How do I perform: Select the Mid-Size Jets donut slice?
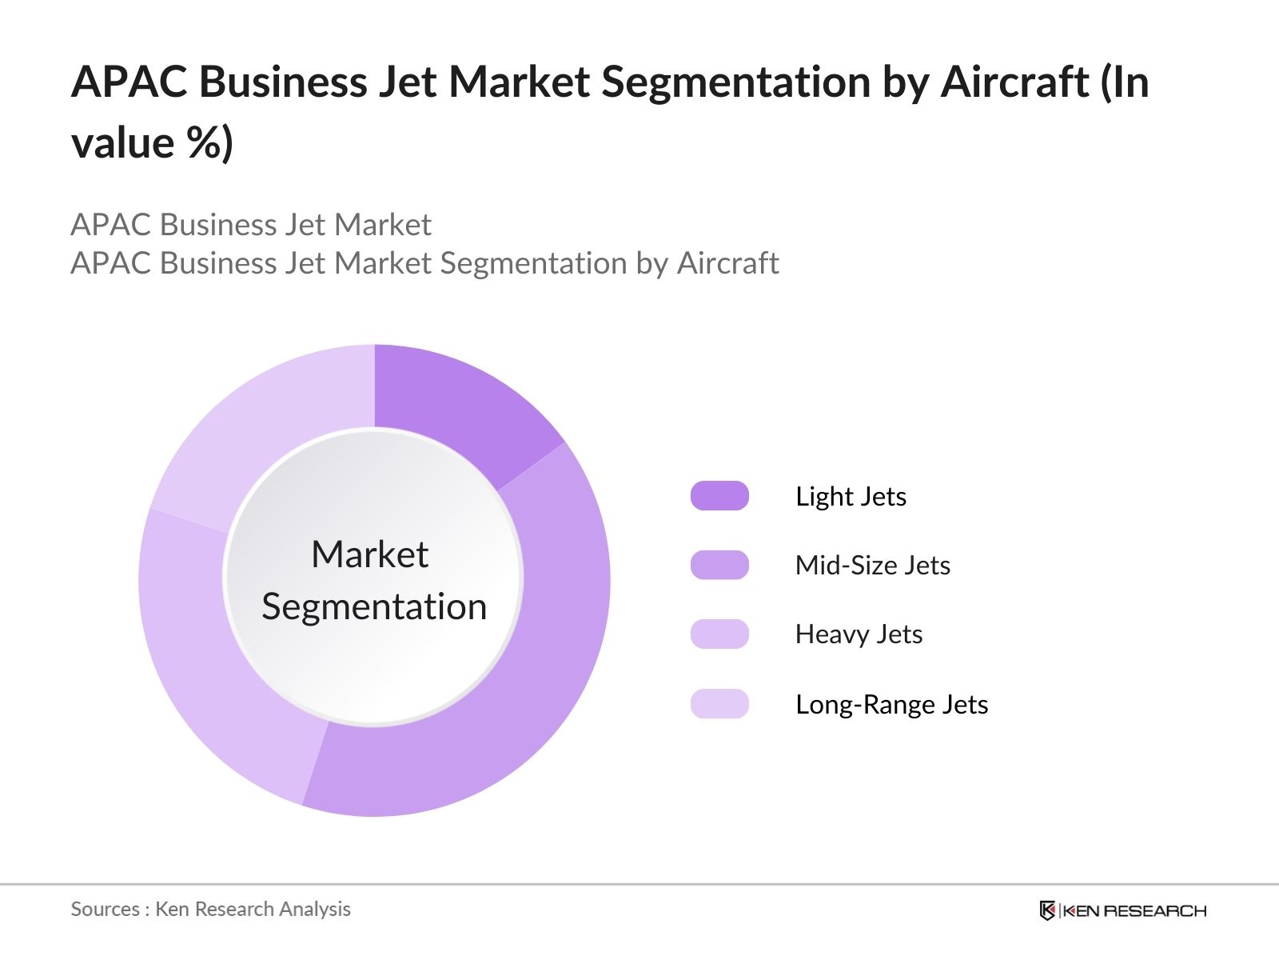point(520,680)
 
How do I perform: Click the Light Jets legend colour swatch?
point(719,496)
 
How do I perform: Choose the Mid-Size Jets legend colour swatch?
point(719,565)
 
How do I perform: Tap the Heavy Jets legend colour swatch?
point(719,634)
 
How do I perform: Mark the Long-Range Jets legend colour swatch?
point(719,704)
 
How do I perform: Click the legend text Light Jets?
point(851,496)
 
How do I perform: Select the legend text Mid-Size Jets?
point(872,565)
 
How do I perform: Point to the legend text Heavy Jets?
point(859,634)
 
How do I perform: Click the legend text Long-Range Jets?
point(891,704)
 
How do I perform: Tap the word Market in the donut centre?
point(369,554)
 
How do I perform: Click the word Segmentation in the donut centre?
point(374,606)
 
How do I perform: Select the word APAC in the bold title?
point(129,82)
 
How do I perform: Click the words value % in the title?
point(152,143)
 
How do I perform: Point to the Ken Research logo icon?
point(1047,910)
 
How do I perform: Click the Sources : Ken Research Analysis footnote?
point(210,909)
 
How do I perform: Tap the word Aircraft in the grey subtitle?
point(727,263)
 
